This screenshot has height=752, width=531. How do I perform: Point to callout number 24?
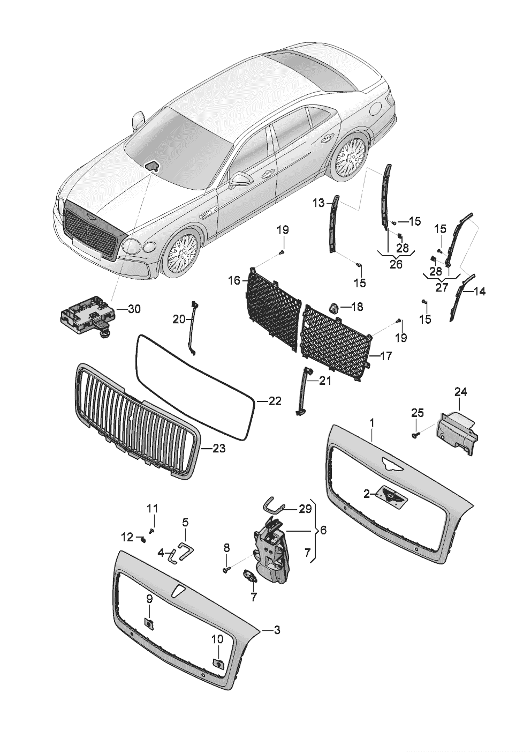click(x=460, y=392)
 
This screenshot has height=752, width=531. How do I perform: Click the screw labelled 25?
click(x=416, y=436)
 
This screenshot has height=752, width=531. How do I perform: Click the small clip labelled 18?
click(x=333, y=308)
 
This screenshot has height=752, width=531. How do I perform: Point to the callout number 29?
click(x=305, y=509)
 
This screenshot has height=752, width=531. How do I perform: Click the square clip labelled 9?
click(x=149, y=622)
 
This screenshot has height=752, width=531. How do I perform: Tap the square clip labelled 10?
click(x=218, y=662)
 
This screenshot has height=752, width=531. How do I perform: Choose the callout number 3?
click(x=276, y=631)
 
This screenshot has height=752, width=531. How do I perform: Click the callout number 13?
click(x=318, y=203)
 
